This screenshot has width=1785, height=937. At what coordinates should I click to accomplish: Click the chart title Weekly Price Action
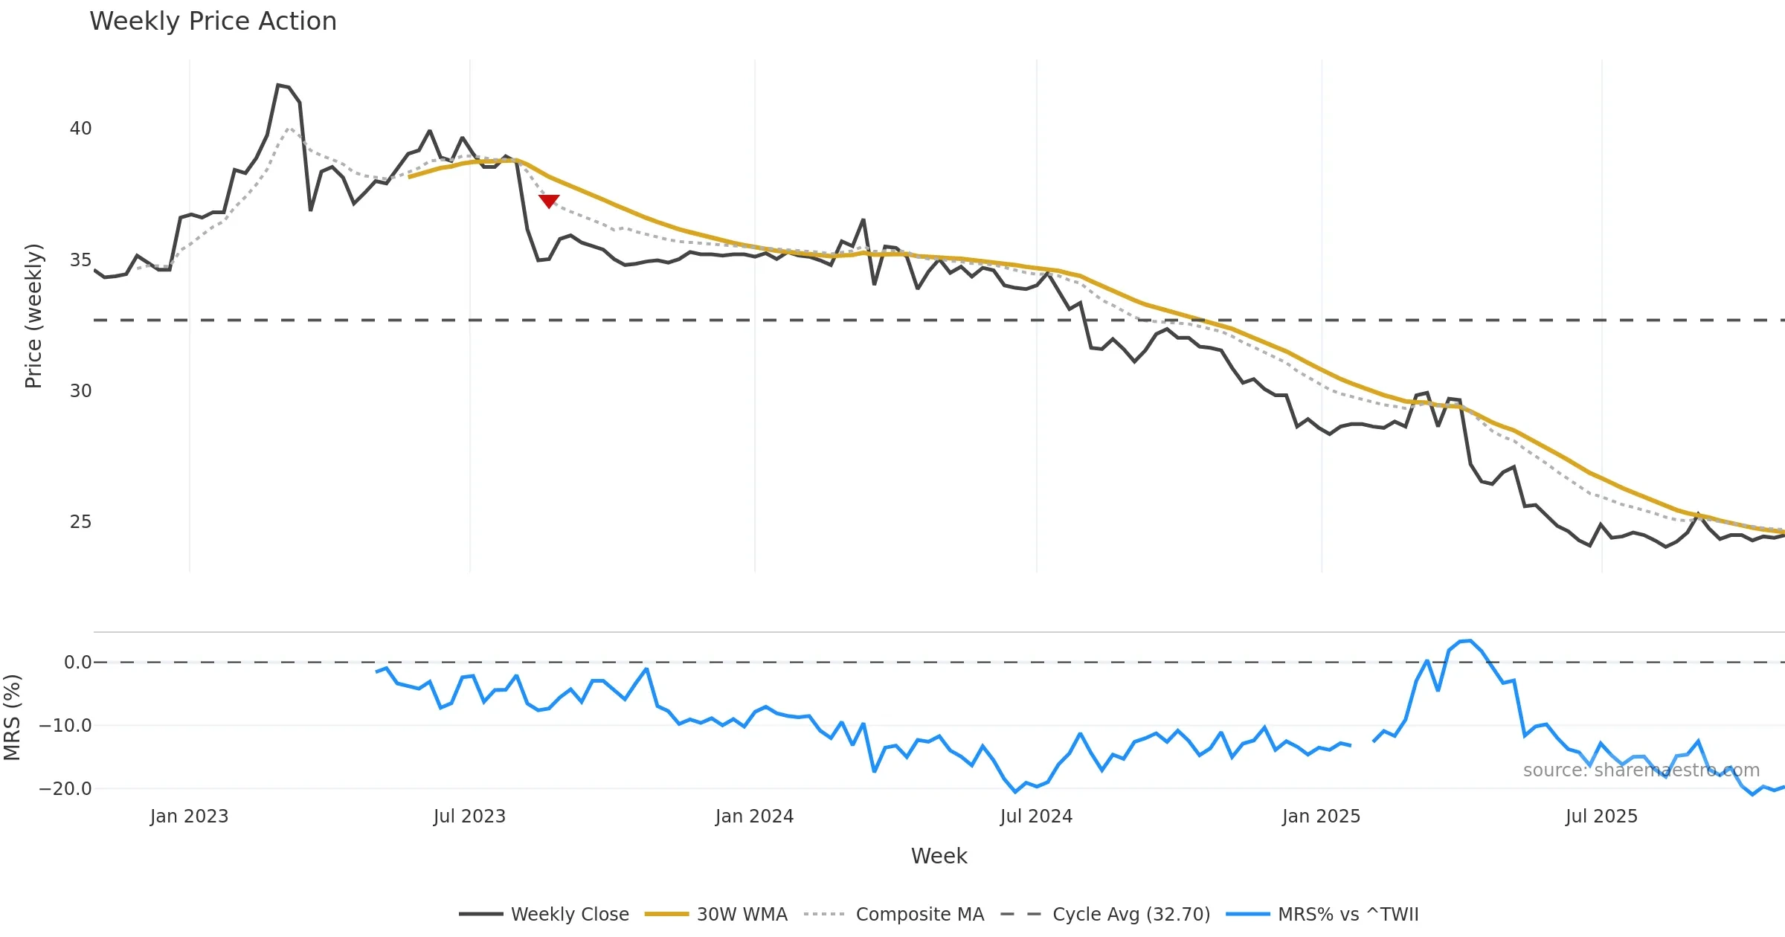click(213, 22)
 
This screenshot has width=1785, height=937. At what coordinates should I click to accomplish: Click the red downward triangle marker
click(549, 201)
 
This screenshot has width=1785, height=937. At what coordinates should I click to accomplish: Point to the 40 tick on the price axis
click(80, 129)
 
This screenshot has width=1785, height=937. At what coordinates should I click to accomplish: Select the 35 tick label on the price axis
click(80, 260)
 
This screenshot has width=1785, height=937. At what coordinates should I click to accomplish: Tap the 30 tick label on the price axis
click(80, 391)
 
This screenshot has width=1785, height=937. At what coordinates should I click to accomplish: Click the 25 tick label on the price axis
click(80, 522)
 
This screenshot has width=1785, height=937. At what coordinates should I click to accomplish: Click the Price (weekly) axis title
click(33, 316)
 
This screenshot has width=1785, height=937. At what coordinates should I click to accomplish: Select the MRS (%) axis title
click(12, 718)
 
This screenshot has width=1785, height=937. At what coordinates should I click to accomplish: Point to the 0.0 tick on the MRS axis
click(78, 663)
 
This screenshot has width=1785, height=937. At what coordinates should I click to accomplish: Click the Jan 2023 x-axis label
click(189, 817)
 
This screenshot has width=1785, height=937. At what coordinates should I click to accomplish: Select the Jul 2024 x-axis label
click(1036, 817)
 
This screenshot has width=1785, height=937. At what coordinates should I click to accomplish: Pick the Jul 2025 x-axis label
click(1601, 817)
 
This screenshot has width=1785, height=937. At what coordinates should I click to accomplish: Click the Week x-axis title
click(939, 857)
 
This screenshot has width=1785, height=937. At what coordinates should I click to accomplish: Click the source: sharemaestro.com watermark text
click(1641, 770)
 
